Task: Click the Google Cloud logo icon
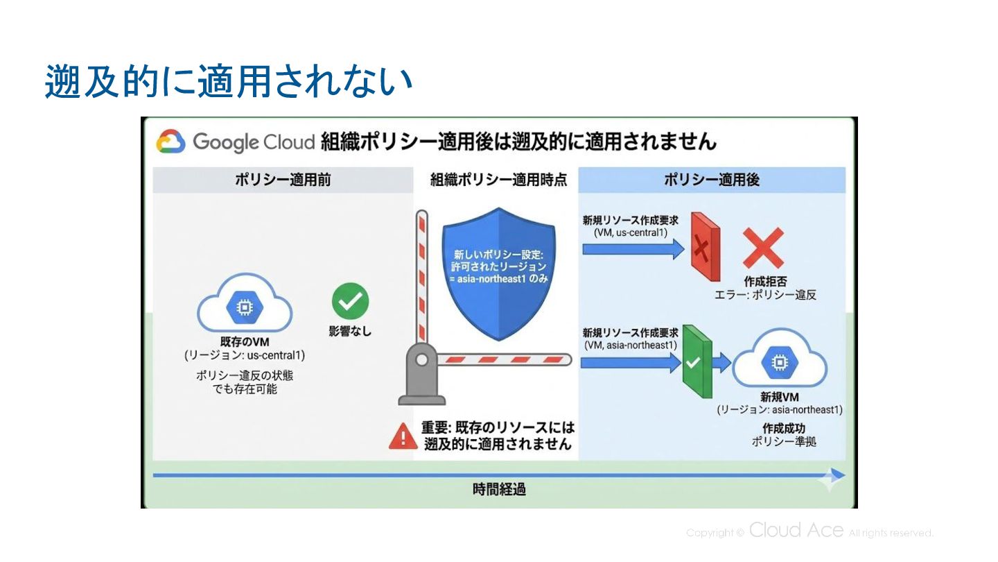coord(170,142)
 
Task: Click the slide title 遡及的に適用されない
coord(229,82)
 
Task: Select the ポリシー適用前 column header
coord(282,180)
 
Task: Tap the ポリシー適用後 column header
coord(712,180)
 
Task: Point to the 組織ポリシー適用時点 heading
coord(498,180)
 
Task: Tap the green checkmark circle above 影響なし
coord(350,301)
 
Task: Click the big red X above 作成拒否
coord(763,248)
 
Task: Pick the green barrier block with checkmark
coord(697,361)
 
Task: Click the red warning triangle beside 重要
coord(403,436)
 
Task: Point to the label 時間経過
coord(499,489)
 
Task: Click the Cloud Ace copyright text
coord(809,532)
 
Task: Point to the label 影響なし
coord(350,332)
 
